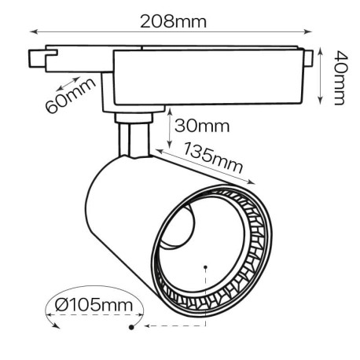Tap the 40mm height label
[339, 76]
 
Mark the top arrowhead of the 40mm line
[322, 50]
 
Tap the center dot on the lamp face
[205, 266]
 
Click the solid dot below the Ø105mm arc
[130, 326]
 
